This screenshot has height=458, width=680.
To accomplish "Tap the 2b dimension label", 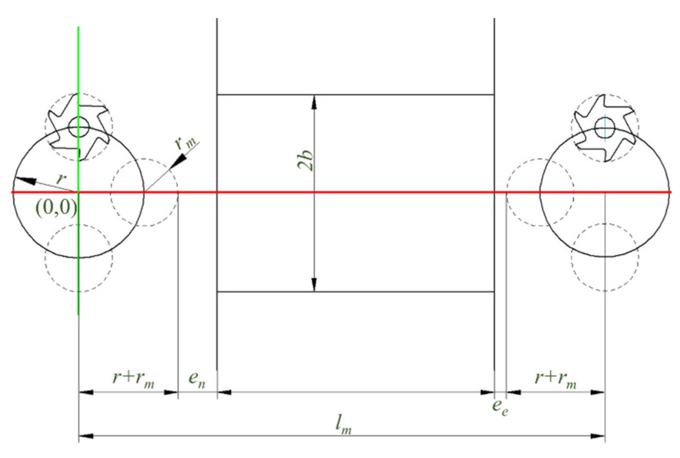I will (305, 160).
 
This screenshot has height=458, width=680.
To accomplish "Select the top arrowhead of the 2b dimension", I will (314, 102).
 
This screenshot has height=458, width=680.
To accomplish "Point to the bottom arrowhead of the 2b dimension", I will (314, 285).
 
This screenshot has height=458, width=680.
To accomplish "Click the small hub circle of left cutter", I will (79, 127).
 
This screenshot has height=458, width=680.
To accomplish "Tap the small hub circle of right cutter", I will (605, 127).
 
